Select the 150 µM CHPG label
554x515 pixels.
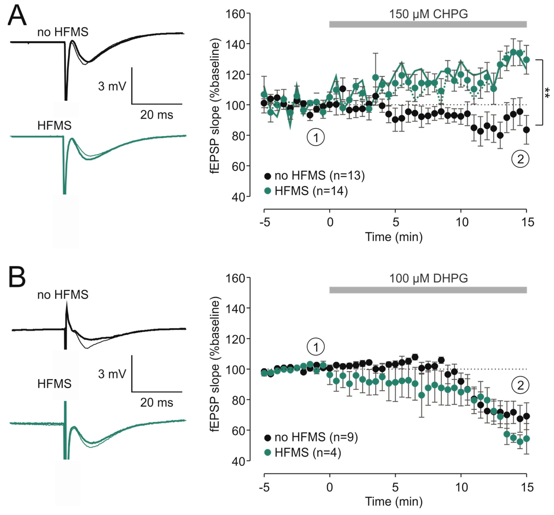[x=429, y=14]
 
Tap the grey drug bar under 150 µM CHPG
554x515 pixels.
[x=428, y=24]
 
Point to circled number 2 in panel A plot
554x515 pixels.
[x=520, y=159]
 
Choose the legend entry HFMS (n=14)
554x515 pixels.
[x=306, y=191]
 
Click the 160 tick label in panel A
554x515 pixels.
[x=235, y=14]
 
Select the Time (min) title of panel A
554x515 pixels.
[x=394, y=237]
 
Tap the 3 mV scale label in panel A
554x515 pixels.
[x=112, y=86]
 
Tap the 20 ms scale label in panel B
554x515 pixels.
[x=156, y=403]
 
